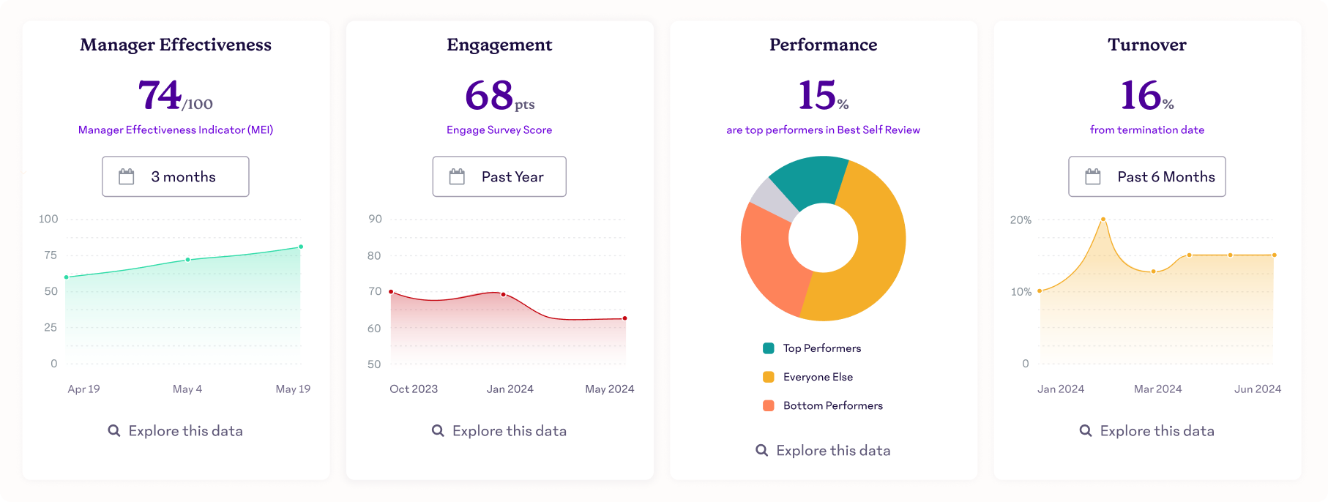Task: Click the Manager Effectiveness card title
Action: click(176, 45)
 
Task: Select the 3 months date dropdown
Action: click(176, 176)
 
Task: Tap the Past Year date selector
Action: click(499, 176)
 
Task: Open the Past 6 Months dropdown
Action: click(1146, 176)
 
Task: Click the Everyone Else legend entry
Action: click(817, 377)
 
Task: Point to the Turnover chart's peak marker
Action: click(1103, 219)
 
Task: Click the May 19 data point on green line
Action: click(301, 247)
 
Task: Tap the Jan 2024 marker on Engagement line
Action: click(503, 294)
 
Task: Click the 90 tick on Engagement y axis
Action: click(375, 219)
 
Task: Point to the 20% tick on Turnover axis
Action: click(1021, 220)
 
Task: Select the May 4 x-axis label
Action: click(187, 389)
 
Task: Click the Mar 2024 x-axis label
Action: click(1157, 389)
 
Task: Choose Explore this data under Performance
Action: click(824, 451)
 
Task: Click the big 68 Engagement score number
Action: click(489, 96)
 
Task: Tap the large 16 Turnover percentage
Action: click(1140, 96)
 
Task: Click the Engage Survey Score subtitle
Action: click(499, 130)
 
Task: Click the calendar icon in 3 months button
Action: click(127, 176)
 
